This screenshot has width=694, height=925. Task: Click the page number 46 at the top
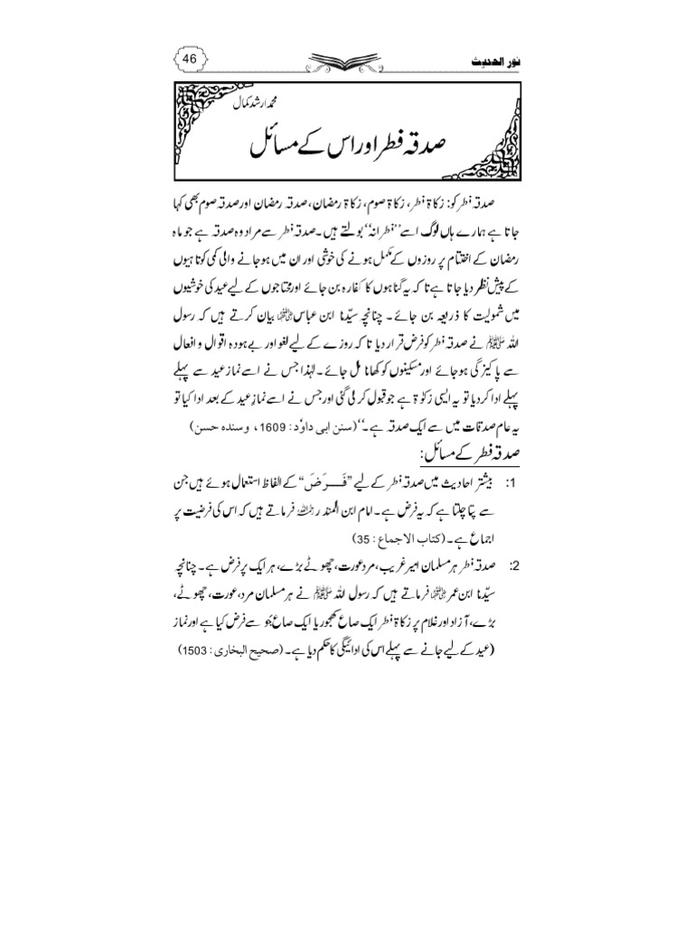click(x=190, y=59)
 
